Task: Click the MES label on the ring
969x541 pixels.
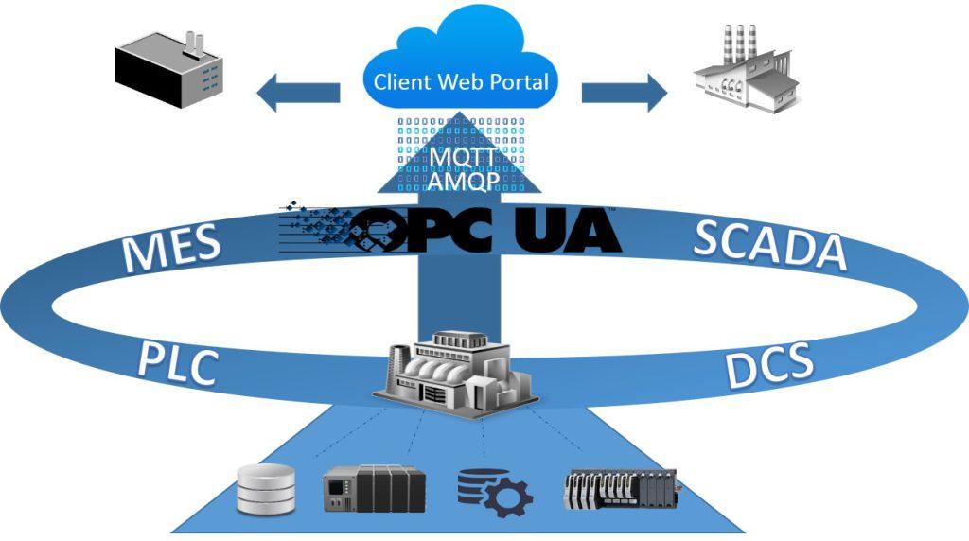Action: coord(171,248)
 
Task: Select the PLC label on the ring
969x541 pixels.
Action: coord(177,364)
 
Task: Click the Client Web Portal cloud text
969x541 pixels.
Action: coord(461,81)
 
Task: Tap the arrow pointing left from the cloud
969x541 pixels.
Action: coord(298,93)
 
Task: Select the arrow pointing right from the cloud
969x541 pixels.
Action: coord(625,93)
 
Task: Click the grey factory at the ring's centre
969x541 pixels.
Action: coord(455,375)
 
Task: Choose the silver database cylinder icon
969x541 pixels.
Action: coord(266,489)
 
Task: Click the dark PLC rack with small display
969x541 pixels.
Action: coord(375,488)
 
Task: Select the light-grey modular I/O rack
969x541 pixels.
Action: coord(621,490)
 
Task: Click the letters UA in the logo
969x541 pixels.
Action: coord(568,231)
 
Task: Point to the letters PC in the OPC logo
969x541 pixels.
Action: coord(451,231)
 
